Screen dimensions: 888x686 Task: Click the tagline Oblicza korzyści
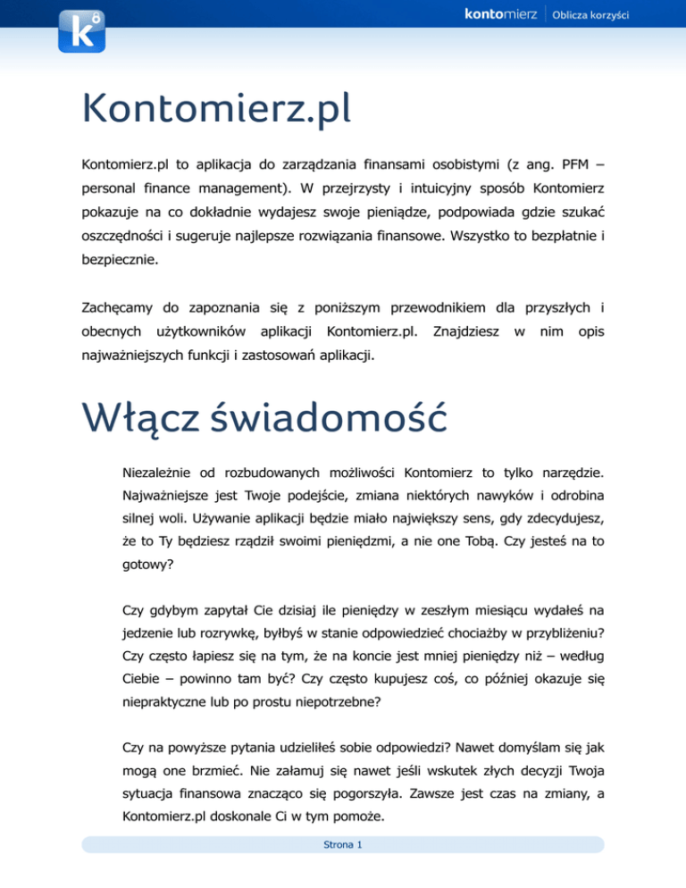pos(591,15)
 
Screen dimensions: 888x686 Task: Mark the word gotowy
pos(146,566)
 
